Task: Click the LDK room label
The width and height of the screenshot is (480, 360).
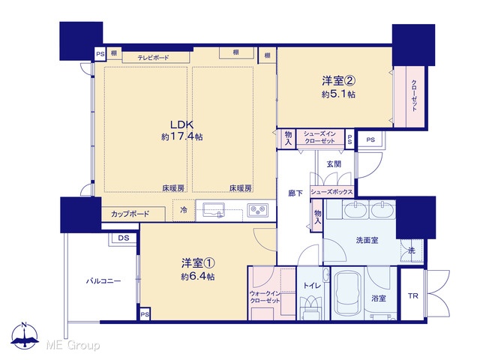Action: [x=181, y=125]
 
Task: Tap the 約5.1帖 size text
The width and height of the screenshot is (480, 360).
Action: [x=338, y=94]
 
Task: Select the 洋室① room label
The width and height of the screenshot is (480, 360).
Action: [x=198, y=263]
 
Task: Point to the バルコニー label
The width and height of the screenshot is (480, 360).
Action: [x=103, y=281]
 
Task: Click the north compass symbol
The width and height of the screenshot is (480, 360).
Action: [x=25, y=335]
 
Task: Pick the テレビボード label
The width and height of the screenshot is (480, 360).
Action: [x=153, y=58]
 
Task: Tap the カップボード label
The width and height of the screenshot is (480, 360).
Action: [x=130, y=214]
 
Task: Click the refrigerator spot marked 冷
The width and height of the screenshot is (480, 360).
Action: [x=184, y=210]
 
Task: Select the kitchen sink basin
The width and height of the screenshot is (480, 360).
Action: [x=213, y=210]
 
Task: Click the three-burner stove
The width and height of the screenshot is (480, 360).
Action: [x=258, y=210]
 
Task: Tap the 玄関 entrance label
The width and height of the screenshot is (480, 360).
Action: [x=334, y=164]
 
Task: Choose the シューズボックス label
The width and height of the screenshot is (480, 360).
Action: [x=331, y=192]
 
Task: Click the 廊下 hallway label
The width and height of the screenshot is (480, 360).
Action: [x=295, y=193]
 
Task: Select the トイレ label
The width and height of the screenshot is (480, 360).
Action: [x=312, y=286]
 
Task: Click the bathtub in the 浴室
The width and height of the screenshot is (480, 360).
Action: [x=349, y=294]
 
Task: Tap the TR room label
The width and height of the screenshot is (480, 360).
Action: [x=412, y=296]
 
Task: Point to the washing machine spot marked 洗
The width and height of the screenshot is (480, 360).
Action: [x=412, y=250]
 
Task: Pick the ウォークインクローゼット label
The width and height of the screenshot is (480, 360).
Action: [x=265, y=297]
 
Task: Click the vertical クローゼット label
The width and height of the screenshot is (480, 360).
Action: [x=414, y=95]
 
